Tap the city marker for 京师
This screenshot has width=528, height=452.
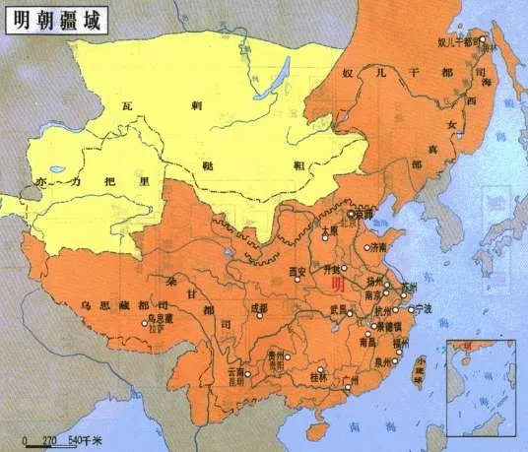(349, 213)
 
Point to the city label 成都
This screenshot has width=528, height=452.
(258, 308)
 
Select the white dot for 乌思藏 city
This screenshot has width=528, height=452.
(145, 322)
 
